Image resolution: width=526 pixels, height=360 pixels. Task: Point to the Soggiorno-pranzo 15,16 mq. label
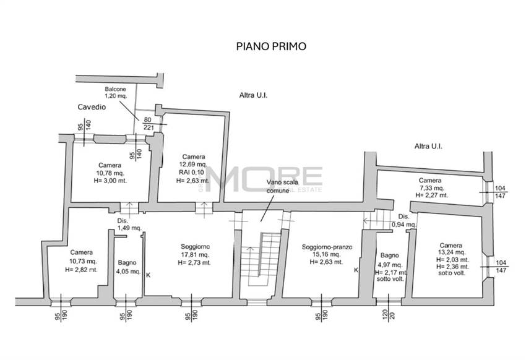(x=327, y=254)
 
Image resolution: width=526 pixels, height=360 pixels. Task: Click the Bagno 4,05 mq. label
(x=127, y=267)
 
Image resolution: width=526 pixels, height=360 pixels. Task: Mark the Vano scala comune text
(x=278, y=187)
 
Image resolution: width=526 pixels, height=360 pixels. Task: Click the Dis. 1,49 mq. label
(x=129, y=224)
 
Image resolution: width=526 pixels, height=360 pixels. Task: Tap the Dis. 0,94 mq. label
(x=403, y=220)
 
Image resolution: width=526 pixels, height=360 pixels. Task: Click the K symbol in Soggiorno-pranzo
(x=356, y=270)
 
